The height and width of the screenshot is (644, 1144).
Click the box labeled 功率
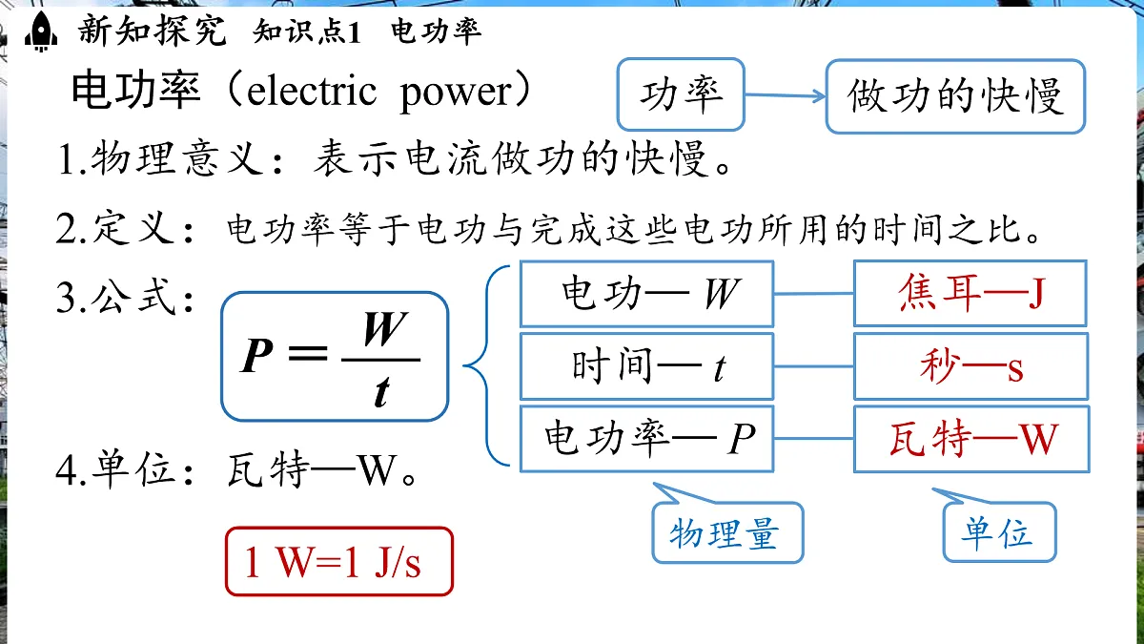[x=681, y=94]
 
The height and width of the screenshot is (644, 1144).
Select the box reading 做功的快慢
[x=954, y=96]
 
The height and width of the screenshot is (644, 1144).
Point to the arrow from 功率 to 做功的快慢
[x=784, y=95]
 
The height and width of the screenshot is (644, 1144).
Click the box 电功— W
[x=645, y=294]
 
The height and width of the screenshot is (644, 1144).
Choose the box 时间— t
[x=645, y=366]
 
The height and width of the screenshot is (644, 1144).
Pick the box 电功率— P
[x=645, y=439]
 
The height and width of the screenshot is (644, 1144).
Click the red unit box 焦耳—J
[x=970, y=294]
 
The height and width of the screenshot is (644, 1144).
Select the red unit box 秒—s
[x=970, y=366]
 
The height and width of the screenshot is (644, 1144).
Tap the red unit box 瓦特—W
[x=970, y=439]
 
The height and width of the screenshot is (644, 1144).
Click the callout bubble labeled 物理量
[x=726, y=532]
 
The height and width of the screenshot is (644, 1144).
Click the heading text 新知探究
[x=153, y=32]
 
